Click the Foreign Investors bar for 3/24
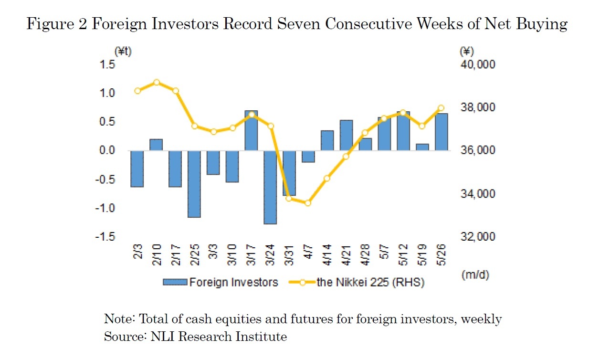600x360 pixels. point(270,187)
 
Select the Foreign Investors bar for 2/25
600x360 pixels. point(194,184)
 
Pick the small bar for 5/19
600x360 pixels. point(422,147)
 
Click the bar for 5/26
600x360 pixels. point(441,132)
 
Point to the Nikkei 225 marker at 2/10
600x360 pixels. point(157,82)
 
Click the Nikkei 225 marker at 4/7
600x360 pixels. point(308,203)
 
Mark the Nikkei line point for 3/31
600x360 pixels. point(289,198)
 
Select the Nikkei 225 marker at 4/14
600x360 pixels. point(327,179)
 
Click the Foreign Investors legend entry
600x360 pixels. point(221,282)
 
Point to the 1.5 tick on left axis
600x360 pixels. point(122,64)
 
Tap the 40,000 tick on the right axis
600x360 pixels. point(477,64)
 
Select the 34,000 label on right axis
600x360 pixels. point(477,194)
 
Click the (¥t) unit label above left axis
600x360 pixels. point(123,52)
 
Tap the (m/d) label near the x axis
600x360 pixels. point(475,275)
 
